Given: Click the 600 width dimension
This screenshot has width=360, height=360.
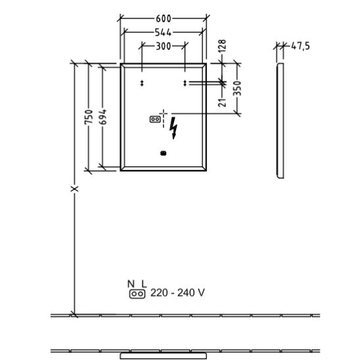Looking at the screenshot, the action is (x=164, y=18).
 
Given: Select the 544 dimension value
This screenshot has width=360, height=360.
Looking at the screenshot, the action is (x=163, y=33).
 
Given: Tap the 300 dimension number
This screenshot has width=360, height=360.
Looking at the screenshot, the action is (x=163, y=47).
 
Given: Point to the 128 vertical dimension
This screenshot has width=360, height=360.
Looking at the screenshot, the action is (x=222, y=46).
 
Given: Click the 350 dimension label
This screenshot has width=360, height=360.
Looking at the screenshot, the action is (x=237, y=89).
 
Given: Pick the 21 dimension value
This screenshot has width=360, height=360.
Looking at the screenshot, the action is (x=222, y=102).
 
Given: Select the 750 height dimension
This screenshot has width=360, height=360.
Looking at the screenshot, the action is (x=89, y=117).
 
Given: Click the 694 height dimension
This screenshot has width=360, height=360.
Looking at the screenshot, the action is (x=103, y=117).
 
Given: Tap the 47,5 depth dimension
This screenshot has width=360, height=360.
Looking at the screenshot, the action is (x=300, y=46).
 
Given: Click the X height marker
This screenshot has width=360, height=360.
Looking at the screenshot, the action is (x=75, y=189).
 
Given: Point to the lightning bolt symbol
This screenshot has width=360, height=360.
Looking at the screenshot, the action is (x=173, y=128).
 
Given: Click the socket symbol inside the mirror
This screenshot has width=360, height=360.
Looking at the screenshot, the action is (x=155, y=120).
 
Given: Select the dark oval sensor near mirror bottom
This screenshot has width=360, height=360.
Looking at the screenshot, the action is (x=163, y=153).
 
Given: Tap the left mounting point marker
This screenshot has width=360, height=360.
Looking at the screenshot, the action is (x=142, y=83).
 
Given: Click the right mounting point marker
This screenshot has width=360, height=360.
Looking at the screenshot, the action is (x=185, y=83).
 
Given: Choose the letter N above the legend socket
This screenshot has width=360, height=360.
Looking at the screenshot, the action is (x=131, y=284).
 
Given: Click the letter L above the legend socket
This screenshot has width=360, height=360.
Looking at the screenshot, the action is (x=144, y=284).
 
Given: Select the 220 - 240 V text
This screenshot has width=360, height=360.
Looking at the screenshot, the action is (x=177, y=293).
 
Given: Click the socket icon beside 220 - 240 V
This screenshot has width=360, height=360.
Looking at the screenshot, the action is (x=137, y=294).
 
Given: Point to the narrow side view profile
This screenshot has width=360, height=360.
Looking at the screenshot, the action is (x=281, y=120).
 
